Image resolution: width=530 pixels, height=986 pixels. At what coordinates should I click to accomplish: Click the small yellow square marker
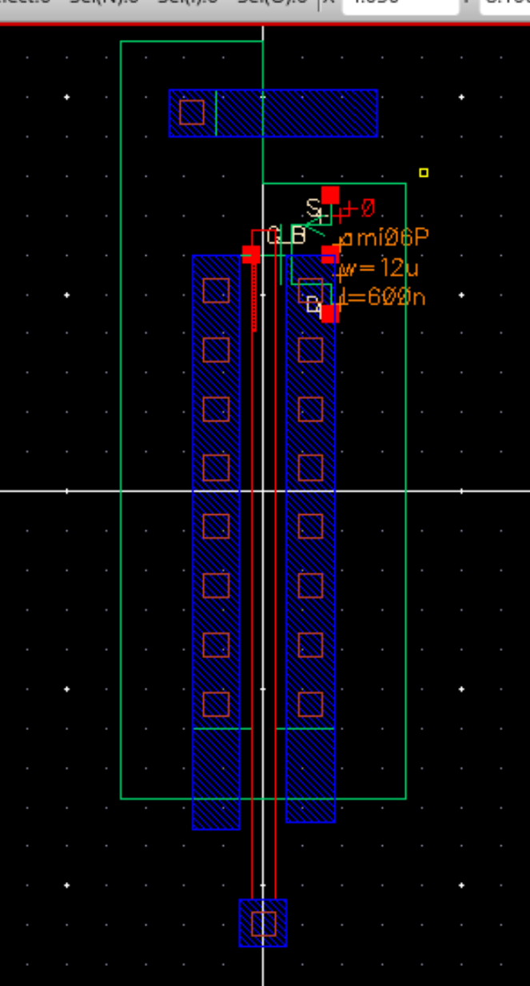[x=424, y=173]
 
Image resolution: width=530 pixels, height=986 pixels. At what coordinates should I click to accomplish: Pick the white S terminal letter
[x=313, y=208]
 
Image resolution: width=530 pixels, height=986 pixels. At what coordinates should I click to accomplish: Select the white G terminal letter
[x=273, y=235]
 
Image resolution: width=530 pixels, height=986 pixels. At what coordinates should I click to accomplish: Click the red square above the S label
[x=330, y=195]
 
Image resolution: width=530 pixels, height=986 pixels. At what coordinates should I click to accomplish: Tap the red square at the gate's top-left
[x=251, y=254]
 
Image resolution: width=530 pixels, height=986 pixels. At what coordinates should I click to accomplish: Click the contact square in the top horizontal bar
[x=192, y=113]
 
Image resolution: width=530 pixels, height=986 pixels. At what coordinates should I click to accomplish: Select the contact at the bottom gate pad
[x=263, y=924]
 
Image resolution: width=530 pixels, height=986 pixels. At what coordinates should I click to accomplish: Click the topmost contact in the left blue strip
[x=216, y=290]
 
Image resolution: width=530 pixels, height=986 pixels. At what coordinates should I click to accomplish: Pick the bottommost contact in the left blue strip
[x=216, y=704]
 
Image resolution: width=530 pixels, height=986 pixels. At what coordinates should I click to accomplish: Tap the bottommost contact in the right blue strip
[x=310, y=704]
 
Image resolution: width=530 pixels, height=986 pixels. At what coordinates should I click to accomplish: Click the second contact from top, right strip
[x=310, y=349]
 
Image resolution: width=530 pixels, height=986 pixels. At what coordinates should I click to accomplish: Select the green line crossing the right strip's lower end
[x=305, y=729]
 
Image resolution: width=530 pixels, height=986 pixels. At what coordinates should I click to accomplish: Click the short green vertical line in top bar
[x=216, y=113]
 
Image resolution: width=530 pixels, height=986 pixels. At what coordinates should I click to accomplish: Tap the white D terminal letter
[x=313, y=305]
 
